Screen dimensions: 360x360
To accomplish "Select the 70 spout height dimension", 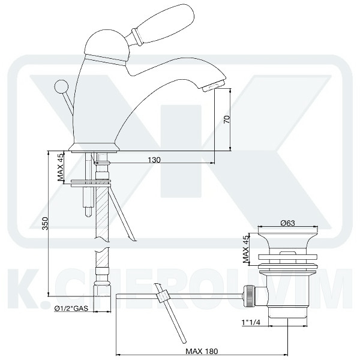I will tap(226, 118).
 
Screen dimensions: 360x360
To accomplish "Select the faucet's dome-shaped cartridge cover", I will tap(106, 48).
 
